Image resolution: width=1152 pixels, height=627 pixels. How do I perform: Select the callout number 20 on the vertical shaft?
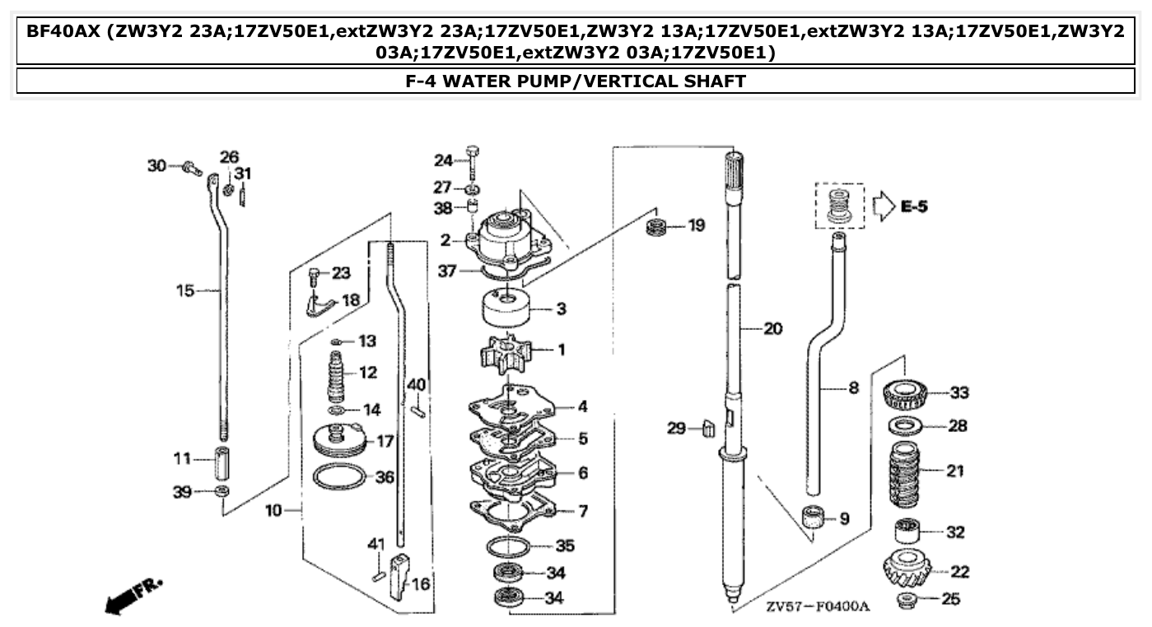pyautogui.click(x=772, y=329)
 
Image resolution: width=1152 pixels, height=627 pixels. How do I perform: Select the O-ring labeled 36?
pyautogui.click(x=338, y=477)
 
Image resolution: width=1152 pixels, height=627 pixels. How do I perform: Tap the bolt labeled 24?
pyautogui.click(x=473, y=160)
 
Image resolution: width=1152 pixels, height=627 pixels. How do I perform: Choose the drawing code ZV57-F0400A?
pyautogui.click(x=817, y=606)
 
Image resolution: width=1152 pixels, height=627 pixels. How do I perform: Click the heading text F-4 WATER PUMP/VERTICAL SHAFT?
pyautogui.click(x=576, y=81)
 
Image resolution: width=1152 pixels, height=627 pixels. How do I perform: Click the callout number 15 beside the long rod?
pyautogui.click(x=186, y=290)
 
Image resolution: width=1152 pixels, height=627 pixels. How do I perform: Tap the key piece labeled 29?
pyautogui.click(x=706, y=428)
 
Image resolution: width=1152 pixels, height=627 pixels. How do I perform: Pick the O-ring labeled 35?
pyautogui.click(x=507, y=546)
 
